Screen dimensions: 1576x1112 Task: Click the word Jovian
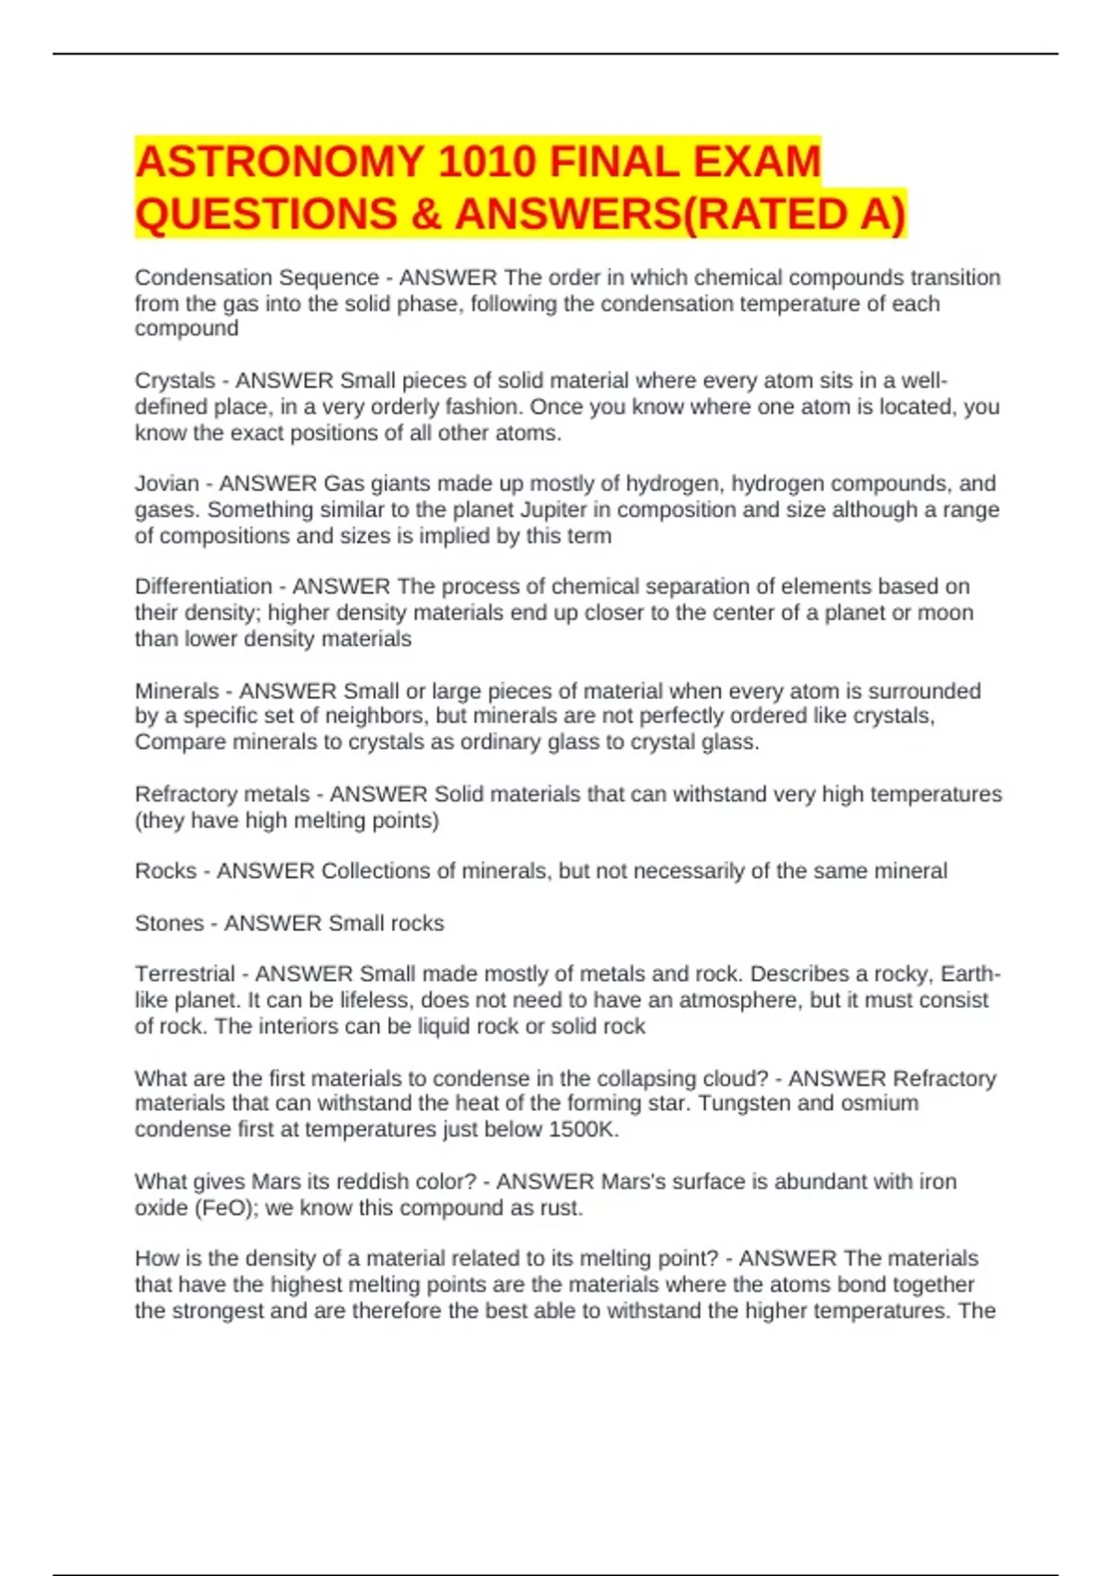[x=167, y=484]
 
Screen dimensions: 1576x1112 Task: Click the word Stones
[x=169, y=923]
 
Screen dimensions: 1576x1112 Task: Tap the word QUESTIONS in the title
[x=266, y=214]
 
